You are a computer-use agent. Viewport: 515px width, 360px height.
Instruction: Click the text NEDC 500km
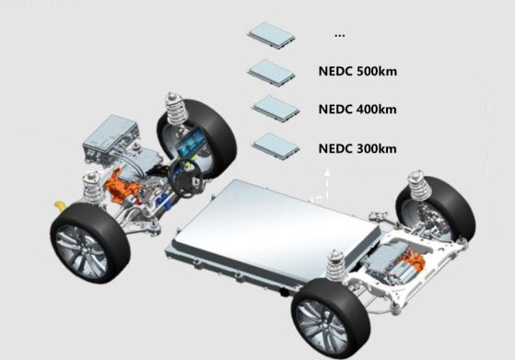pyautogui.click(x=357, y=71)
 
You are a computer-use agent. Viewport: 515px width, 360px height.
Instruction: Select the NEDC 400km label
pyautogui.click(x=357, y=110)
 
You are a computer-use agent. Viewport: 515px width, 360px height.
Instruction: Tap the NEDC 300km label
pyautogui.click(x=357, y=148)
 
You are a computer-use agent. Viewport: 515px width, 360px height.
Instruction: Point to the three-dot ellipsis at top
pyautogui.click(x=339, y=35)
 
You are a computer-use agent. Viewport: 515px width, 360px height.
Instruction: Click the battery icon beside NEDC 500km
pyautogui.click(x=271, y=73)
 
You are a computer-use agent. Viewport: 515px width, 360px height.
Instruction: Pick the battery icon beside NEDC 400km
pyautogui.click(x=275, y=109)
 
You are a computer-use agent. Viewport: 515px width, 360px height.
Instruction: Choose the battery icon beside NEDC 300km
pyautogui.click(x=275, y=146)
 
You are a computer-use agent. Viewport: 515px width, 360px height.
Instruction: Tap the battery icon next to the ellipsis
pyautogui.click(x=271, y=35)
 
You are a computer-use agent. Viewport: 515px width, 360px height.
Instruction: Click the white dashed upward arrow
pyautogui.click(x=327, y=183)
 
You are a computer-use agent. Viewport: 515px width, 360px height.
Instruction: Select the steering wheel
pyautogui.click(x=186, y=179)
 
